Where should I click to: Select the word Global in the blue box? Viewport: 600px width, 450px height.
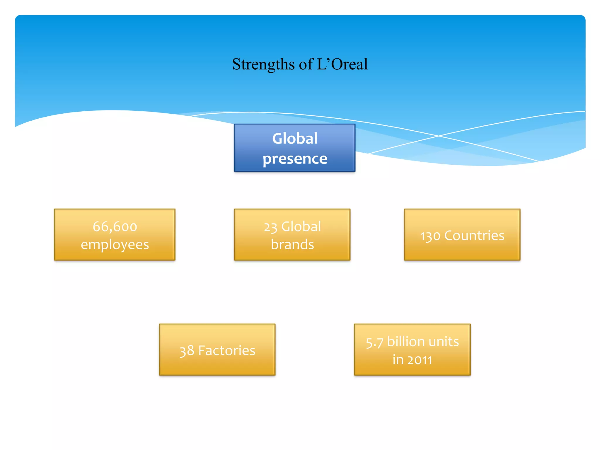click(x=294, y=138)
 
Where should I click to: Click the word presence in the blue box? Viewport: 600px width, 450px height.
click(x=295, y=159)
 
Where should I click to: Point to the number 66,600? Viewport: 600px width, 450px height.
click(x=115, y=226)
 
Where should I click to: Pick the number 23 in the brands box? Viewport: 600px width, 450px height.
click(x=270, y=227)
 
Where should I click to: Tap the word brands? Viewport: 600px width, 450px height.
click(x=292, y=244)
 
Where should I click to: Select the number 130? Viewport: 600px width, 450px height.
click(x=430, y=236)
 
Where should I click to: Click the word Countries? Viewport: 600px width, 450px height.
click(x=474, y=236)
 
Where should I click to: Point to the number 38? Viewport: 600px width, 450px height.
click(x=187, y=351)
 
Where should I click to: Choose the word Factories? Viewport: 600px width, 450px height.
click(x=227, y=350)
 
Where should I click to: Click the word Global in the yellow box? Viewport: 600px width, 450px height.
click(x=301, y=226)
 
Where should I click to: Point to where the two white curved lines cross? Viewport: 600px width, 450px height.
click(x=439, y=136)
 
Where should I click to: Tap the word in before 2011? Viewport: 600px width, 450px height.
click(x=398, y=360)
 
